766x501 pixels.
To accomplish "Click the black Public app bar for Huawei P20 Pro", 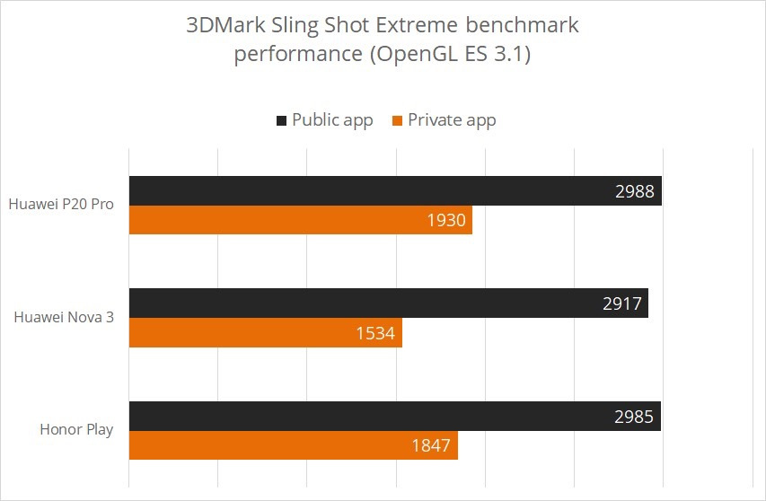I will click(359, 190).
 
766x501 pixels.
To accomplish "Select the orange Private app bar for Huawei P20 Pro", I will click(269, 220).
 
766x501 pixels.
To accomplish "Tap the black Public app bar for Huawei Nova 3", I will click(359, 303).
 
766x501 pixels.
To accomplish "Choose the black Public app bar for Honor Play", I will click(359, 416).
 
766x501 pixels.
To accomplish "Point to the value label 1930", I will click(445, 220).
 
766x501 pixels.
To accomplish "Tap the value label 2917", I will click(621, 303).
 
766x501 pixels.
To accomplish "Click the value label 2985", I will click(633, 417).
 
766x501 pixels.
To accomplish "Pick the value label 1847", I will click(431, 446).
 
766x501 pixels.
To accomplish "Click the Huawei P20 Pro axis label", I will click(61, 204).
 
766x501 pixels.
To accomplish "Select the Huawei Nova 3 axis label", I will click(64, 317).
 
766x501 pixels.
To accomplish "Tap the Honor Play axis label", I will click(76, 429).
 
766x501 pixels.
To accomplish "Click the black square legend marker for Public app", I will click(281, 120).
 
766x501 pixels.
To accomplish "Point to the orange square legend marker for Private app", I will click(397, 120).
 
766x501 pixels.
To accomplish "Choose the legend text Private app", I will click(452, 120).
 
